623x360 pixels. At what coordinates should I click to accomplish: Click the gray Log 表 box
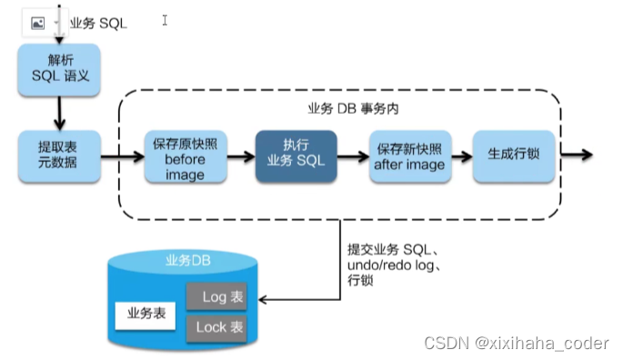[216, 297]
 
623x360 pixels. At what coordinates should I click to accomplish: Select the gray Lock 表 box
[216, 327]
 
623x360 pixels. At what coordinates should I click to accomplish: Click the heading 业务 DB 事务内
[348, 108]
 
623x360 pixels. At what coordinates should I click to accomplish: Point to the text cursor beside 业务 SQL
[165, 20]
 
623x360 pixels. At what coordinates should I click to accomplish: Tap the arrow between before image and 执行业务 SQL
[240, 155]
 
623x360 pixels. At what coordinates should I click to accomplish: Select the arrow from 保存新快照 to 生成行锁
[461, 155]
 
